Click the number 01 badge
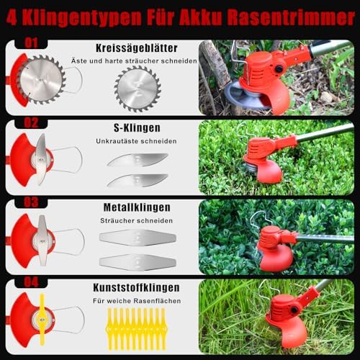[x=31, y=43]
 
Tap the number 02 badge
[x=31, y=123]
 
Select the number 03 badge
[x=31, y=202]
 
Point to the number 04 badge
[x=31, y=282]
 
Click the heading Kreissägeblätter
[x=137, y=48]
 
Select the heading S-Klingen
[x=137, y=127]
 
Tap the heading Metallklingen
[x=137, y=207]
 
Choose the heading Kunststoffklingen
[x=136, y=287]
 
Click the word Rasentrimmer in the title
[x=291, y=18]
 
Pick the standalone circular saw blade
[x=138, y=89]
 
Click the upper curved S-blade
[x=138, y=160]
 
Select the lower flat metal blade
[x=138, y=262]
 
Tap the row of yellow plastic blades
[x=136, y=329]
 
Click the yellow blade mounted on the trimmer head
[x=42, y=318]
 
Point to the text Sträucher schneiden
[x=136, y=221]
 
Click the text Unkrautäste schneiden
[x=136, y=141]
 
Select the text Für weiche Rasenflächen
[x=137, y=301]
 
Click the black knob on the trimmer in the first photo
[x=279, y=69]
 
